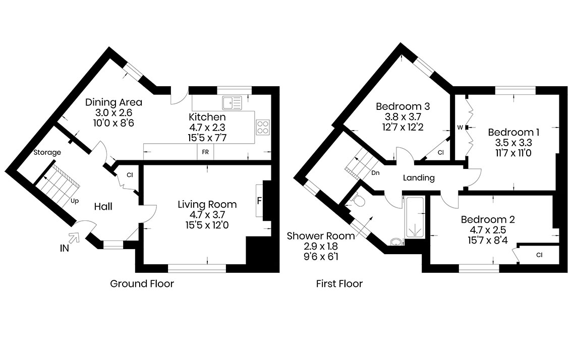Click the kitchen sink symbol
233,103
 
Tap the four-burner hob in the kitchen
263,127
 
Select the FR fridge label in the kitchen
205,152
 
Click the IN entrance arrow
75,237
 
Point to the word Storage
47,152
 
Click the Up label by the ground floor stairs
75,201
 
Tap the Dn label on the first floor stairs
375,173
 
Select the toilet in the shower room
358,200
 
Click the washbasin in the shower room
396,242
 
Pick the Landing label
419,177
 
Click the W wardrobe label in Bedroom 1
460,127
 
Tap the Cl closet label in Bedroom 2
540,255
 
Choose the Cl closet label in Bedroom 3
441,152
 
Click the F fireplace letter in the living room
259,201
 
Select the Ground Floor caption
142,283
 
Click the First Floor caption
339,283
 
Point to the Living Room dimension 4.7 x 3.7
207,215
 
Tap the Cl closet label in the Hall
130,175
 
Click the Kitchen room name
207,117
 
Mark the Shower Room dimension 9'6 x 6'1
321,257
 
